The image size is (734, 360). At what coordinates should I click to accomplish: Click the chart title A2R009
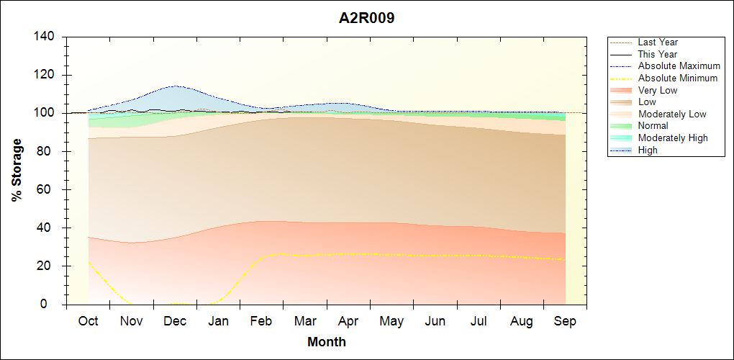367,18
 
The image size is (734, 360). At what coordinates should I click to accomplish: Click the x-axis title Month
326,342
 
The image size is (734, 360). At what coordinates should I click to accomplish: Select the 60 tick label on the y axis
48,190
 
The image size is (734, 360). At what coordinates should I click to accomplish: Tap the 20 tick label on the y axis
48,266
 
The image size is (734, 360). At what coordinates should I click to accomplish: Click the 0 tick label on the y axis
52,305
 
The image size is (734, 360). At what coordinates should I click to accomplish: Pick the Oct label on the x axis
88,321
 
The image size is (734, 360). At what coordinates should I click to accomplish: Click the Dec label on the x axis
175,321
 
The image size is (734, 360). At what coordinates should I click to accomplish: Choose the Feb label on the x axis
261,321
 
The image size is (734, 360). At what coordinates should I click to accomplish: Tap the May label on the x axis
391,321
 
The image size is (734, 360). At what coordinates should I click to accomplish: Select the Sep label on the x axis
565,321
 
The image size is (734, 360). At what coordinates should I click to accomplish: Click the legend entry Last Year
658,42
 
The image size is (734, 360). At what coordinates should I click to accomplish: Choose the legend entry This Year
658,54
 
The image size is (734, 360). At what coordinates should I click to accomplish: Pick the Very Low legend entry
658,90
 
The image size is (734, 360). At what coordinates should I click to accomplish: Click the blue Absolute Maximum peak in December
175,86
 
